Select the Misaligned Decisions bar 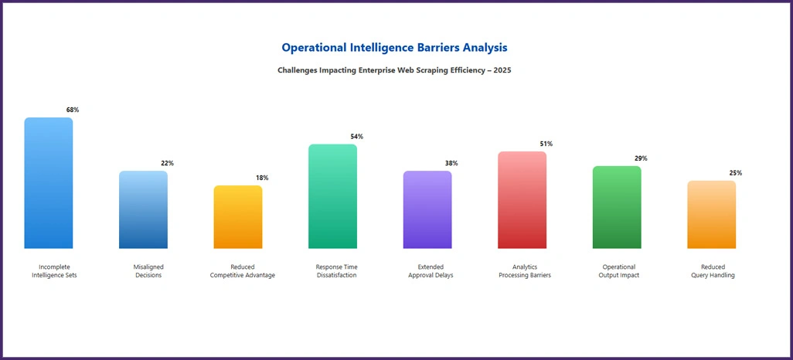tap(143, 209)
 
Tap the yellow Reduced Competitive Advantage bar tap(238, 217)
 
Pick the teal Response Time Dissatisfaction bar tap(332, 196)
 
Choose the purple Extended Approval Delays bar tap(427, 209)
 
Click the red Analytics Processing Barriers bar tap(522, 200)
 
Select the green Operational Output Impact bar tap(617, 207)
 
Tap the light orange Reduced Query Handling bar tap(711, 215)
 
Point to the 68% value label tap(73, 110)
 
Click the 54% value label tap(356, 137)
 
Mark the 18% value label tap(262, 178)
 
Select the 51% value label tap(546, 144)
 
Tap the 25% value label tap(735, 173)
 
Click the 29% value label tap(641, 158)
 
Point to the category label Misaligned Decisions tap(148, 271)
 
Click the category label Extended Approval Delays tap(431, 271)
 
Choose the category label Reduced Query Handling tap(713, 271)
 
